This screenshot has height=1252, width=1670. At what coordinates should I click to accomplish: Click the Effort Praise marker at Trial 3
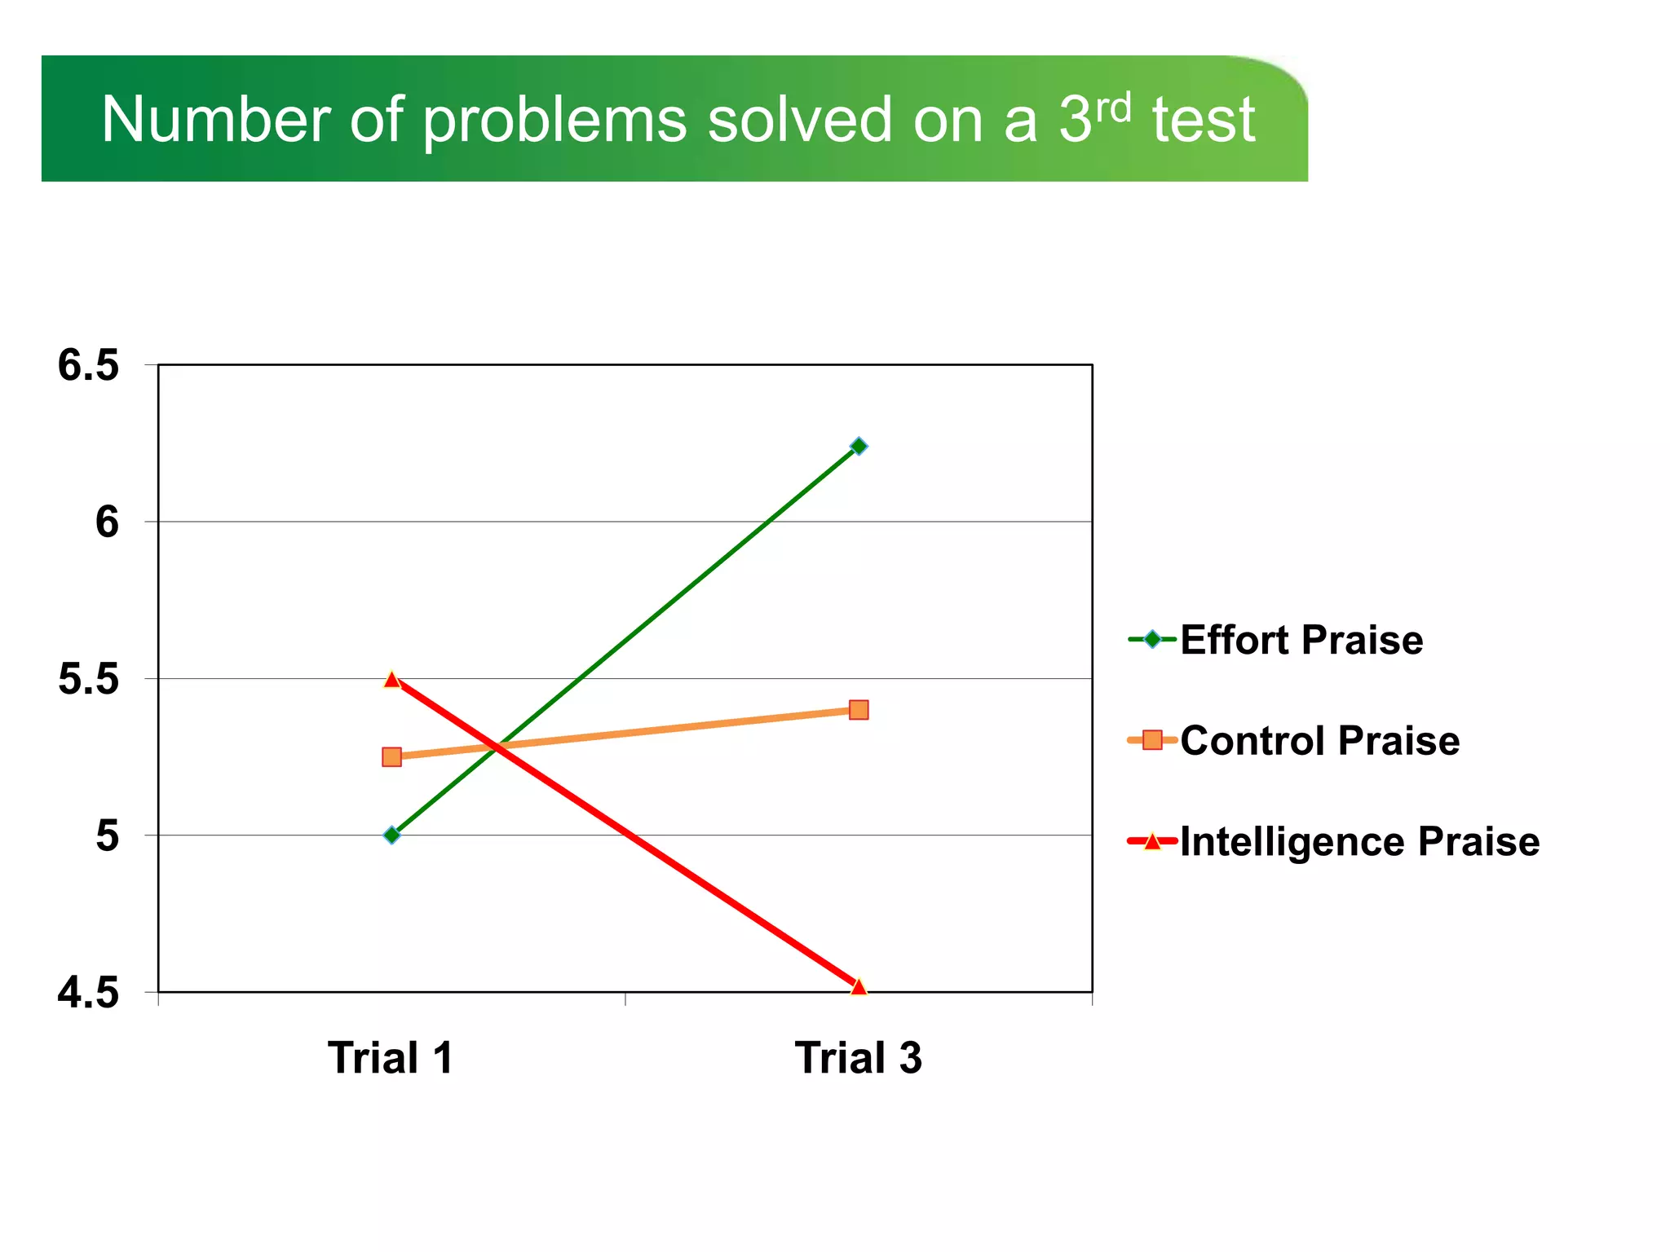858,446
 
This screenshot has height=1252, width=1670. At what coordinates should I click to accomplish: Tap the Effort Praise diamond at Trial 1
391,835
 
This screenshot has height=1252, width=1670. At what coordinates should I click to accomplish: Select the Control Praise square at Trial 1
391,756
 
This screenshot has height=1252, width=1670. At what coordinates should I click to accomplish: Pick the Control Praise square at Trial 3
858,709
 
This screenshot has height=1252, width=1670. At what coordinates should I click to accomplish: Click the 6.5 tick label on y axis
88,365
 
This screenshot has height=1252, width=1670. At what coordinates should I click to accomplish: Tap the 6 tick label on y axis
107,522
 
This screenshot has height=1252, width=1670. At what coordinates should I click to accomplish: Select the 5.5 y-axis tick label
88,679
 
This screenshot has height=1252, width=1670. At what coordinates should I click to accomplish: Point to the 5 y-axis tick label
107,836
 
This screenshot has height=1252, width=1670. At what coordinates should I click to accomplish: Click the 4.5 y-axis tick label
88,994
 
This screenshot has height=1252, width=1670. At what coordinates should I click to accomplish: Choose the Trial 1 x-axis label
391,1058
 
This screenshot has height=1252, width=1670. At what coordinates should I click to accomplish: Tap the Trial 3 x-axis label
858,1058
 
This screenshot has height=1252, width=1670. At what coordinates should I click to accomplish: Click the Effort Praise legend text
1301,640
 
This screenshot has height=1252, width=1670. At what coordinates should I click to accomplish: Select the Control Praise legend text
1319,741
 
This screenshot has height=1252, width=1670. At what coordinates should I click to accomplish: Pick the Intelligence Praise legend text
1359,841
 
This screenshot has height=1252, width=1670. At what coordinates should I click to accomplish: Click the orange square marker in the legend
1152,740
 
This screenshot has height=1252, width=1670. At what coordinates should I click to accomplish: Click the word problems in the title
554,121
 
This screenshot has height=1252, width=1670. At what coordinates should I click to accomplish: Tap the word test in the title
1204,121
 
